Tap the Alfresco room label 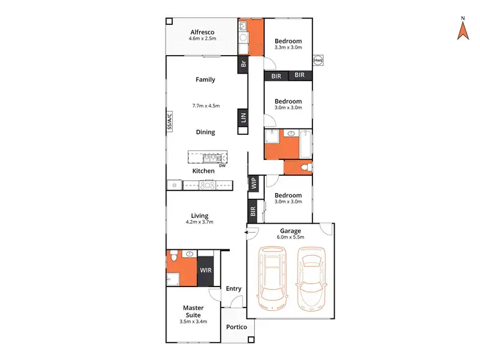(x=201, y=31)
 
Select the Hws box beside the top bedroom (x=318, y=61)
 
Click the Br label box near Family (x=243, y=64)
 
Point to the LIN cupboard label (x=243, y=118)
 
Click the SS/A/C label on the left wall (x=170, y=121)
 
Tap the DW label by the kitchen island (x=222, y=165)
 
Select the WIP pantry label (x=253, y=184)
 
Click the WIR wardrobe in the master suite (x=205, y=270)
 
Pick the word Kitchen (x=204, y=171)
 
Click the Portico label (x=236, y=327)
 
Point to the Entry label (x=234, y=289)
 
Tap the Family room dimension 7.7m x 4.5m (x=205, y=106)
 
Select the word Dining (x=205, y=132)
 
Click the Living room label (x=199, y=216)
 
